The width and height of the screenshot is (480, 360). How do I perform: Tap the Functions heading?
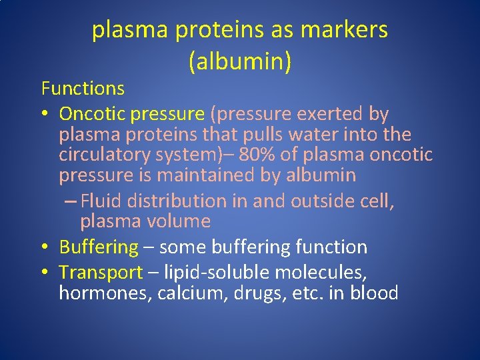click(x=83, y=88)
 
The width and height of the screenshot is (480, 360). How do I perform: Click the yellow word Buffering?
click(x=99, y=247)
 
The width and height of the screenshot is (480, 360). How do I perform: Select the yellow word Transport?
click(x=101, y=273)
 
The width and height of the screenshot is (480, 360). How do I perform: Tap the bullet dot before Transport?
click(x=45, y=273)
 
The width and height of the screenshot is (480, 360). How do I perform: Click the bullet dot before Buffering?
click(x=45, y=247)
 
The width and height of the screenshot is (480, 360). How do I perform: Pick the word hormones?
click(x=105, y=293)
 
